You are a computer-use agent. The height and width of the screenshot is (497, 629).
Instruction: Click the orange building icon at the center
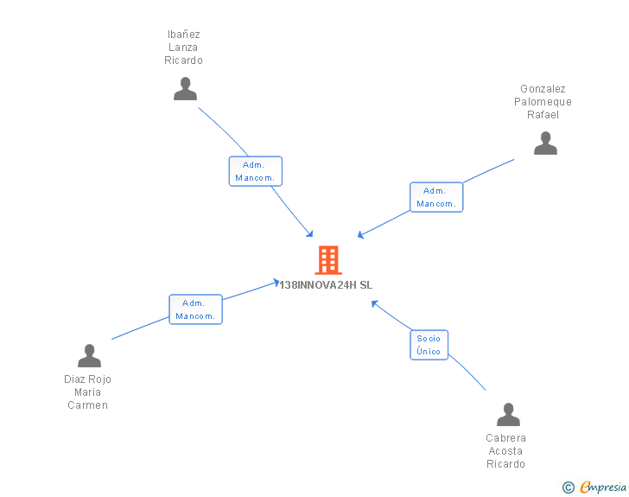click(328, 260)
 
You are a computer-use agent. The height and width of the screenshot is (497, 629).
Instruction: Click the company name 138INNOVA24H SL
click(327, 284)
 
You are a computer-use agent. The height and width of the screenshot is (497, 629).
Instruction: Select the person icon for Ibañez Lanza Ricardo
click(185, 89)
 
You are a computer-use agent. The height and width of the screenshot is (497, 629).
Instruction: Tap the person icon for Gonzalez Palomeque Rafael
click(545, 143)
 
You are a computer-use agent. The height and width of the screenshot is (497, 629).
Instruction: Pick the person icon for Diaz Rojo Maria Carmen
click(89, 356)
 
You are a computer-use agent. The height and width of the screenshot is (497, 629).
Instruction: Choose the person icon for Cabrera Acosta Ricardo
click(508, 415)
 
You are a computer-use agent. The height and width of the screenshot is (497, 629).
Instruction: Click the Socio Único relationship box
click(429, 345)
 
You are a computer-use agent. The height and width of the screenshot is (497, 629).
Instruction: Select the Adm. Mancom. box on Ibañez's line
click(255, 171)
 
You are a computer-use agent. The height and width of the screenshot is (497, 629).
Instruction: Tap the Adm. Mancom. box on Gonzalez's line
click(436, 197)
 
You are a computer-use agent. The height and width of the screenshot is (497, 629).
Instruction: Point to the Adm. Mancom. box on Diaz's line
click(195, 309)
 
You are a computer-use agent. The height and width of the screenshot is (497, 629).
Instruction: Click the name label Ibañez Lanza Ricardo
click(184, 48)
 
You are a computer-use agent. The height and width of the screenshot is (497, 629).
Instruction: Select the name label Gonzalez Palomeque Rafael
click(543, 101)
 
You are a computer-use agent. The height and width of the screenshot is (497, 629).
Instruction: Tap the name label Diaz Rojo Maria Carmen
click(88, 392)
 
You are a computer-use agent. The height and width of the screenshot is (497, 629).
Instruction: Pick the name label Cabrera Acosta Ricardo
click(505, 451)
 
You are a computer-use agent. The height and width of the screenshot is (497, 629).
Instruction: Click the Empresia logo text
click(603, 487)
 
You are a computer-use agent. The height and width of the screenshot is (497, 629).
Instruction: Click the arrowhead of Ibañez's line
click(310, 234)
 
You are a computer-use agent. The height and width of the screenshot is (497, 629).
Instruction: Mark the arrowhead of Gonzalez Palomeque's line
click(360, 235)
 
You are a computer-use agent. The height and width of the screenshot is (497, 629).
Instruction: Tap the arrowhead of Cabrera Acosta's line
click(374, 303)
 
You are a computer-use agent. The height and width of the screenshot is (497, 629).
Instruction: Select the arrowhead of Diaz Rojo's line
click(276, 282)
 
